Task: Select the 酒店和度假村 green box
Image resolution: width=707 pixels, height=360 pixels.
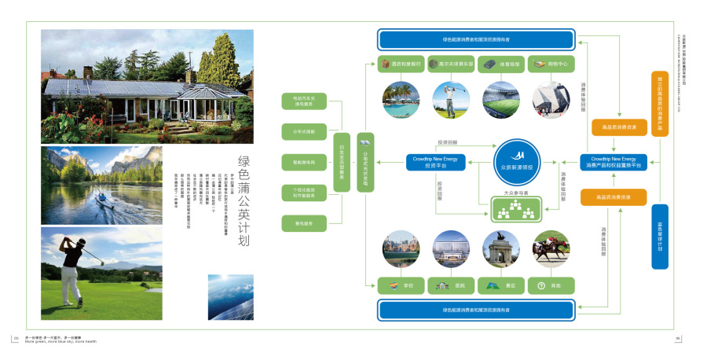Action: coord(401,64)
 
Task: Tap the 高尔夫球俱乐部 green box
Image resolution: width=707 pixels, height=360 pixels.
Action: coord(451,64)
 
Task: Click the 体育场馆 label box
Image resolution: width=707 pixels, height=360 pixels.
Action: coord(501,64)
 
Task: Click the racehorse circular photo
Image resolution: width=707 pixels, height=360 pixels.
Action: coord(551,249)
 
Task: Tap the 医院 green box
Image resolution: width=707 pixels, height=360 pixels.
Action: coord(451,285)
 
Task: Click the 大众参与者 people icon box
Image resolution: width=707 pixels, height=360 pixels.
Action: coord(516,208)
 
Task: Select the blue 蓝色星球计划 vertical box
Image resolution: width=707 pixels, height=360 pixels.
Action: coord(660,236)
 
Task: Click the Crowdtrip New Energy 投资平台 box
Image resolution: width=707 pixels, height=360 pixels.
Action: coord(440,162)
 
